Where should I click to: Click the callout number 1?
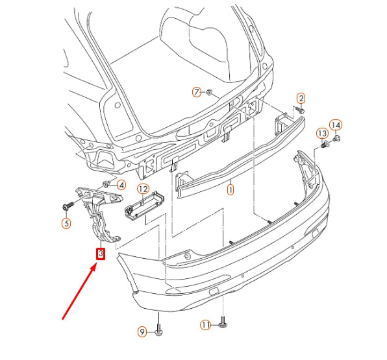tap(229, 191)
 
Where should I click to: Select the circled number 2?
tap(301, 98)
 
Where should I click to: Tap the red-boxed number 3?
tap(100, 254)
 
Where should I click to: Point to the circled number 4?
tap(121, 186)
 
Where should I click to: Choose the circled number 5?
tap(66, 224)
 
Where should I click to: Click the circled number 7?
tap(197, 92)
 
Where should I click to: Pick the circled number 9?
tap(142, 333)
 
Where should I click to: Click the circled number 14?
tap(336, 125)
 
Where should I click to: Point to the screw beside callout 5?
tap(66, 207)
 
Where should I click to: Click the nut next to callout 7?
tap(210, 93)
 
